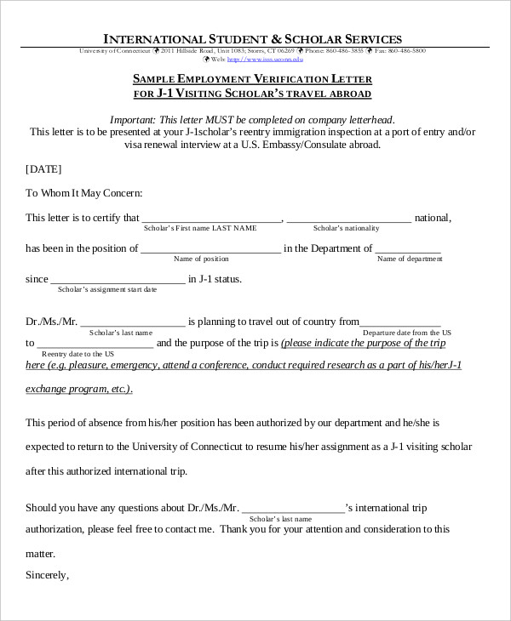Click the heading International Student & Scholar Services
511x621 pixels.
[x=252, y=39]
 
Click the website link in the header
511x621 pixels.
[x=272, y=60]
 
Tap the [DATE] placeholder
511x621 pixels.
[x=43, y=169]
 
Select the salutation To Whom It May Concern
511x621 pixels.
[x=84, y=193]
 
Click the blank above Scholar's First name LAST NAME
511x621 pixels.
[x=211, y=219]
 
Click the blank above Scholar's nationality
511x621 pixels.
[x=349, y=219]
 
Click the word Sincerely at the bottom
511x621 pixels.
[x=47, y=575]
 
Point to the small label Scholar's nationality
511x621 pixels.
[x=347, y=229]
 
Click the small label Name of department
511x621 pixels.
[x=410, y=259]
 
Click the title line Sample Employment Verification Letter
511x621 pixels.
[x=252, y=78]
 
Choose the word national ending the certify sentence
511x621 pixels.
[x=433, y=218]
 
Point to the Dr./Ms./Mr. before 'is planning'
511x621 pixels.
[x=51, y=322]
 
